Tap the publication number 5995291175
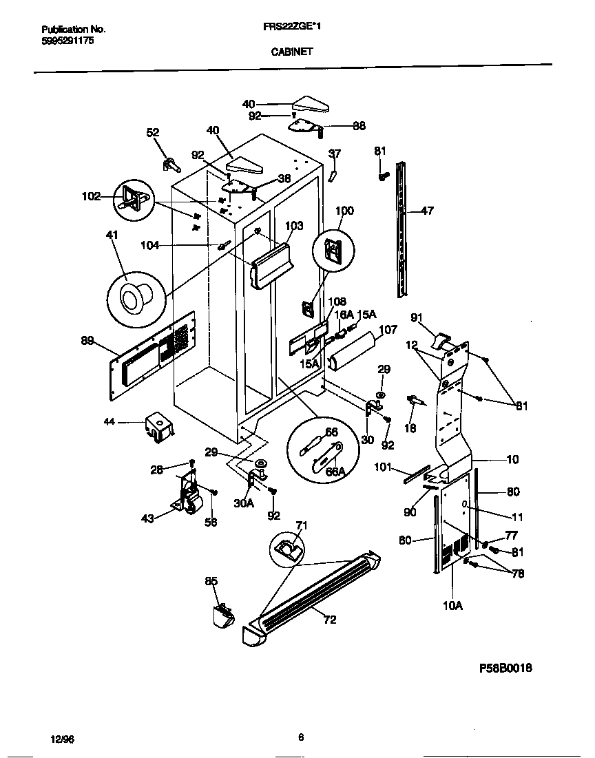[x=67, y=41]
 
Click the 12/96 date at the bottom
[x=62, y=739]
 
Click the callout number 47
[x=427, y=211]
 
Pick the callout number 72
[x=329, y=620]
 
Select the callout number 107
[x=388, y=330]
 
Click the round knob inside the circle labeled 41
[x=133, y=297]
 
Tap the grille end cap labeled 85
[x=222, y=614]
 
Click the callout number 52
[x=153, y=133]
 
